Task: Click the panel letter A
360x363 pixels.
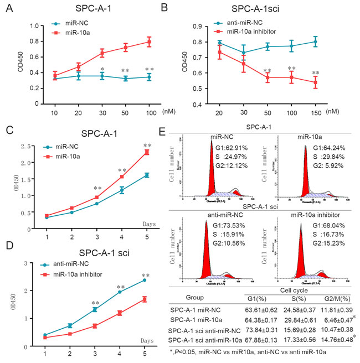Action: [x=9, y=8]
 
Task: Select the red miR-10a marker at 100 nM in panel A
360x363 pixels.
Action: [x=148, y=42]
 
